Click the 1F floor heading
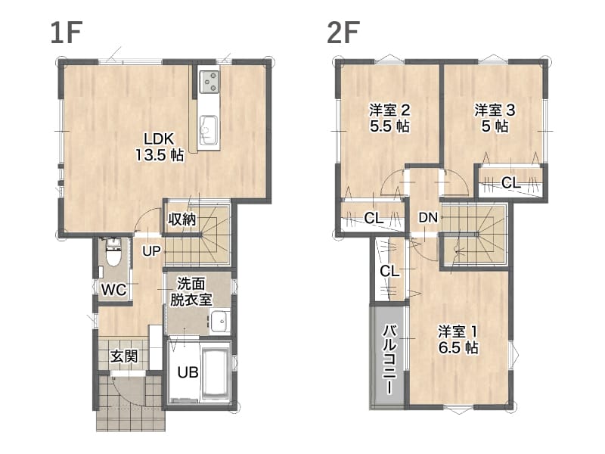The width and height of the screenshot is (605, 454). coord(67,33)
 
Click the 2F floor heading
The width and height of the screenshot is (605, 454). coord(343,33)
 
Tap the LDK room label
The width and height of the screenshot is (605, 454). coord(159,139)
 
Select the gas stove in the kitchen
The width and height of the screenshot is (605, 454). coord(209,81)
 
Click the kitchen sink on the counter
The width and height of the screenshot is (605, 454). coord(209,129)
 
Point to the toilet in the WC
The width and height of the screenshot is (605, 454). coord(113,253)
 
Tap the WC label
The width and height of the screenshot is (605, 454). coord(113,290)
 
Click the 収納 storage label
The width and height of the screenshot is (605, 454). coord(182,219)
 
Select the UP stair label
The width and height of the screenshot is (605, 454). coord(151,251)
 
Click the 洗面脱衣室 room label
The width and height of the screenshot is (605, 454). coord(191,292)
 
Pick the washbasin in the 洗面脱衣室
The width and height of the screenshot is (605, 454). coord(220,321)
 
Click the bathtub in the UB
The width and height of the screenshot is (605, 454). coord(216,372)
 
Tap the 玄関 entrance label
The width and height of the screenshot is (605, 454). coord(124,356)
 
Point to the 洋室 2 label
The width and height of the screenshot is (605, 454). coord(389,110)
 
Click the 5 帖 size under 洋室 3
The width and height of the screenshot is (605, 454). coord(495,126)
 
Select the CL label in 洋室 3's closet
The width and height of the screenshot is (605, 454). coord(511,182)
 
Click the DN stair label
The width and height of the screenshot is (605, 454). coord(428,218)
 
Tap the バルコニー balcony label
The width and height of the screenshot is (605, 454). coord(389,360)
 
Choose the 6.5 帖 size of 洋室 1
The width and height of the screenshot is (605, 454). coord(458,347)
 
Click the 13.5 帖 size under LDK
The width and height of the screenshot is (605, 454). coord(159,155)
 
